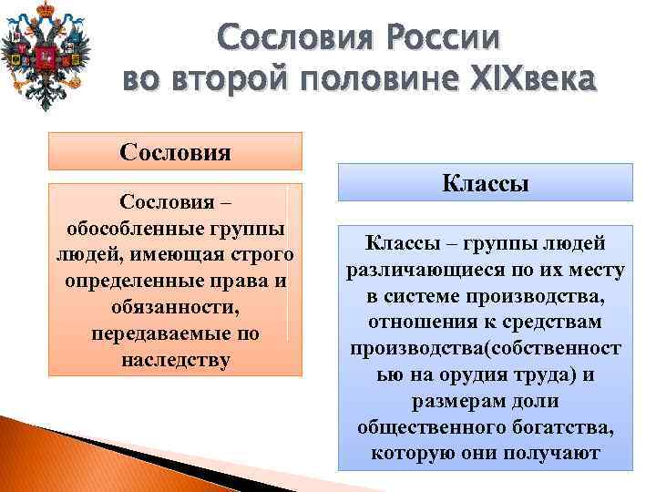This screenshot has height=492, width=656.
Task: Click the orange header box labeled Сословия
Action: (175, 150)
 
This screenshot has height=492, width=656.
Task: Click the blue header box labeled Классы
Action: (485, 182)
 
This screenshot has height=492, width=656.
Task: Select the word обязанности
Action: (175, 306)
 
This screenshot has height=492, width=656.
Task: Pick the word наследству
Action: (175, 359)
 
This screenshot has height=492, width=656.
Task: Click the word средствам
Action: (557, 323)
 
